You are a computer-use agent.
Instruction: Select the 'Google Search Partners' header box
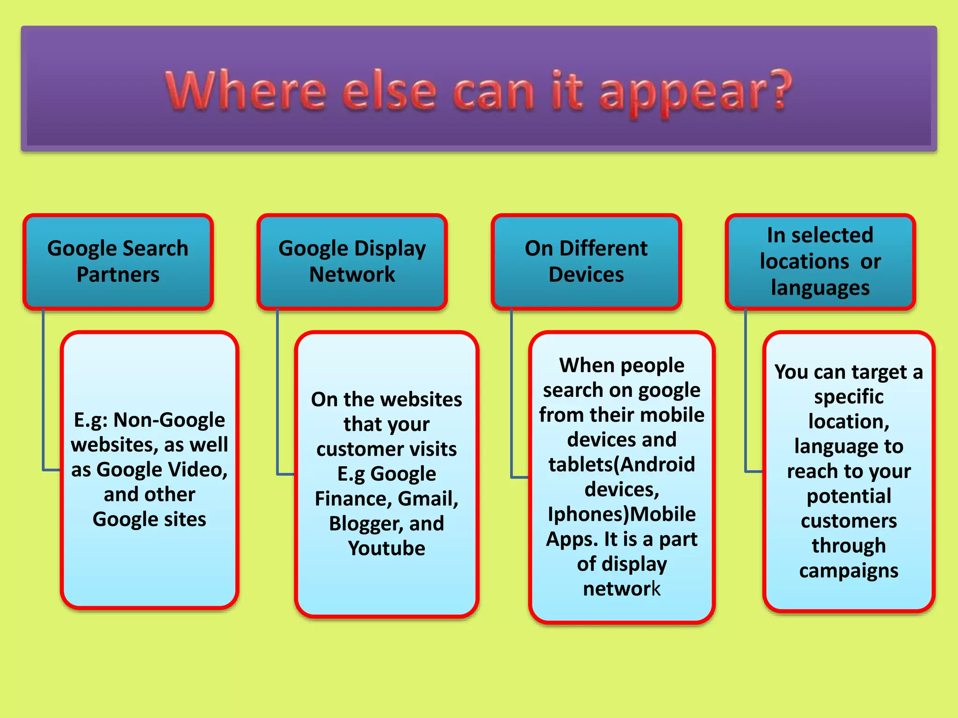pos(118,261)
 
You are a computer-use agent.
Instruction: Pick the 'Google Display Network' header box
pos(352,261)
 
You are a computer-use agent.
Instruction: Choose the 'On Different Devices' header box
pos(586,261)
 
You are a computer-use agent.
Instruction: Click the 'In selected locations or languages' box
pos(820,261)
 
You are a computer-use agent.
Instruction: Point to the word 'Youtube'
pos(386,548)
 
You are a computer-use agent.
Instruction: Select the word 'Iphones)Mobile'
pos(622,514)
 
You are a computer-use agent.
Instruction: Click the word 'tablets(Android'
pos(622,465)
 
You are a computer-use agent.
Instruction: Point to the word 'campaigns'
pos(849,571)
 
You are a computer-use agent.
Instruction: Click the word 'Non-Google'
pos(169,420)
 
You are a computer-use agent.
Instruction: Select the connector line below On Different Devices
pos(512,393)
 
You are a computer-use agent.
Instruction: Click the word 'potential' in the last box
pos(849,496)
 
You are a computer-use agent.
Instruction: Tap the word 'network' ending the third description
pos(622,589)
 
